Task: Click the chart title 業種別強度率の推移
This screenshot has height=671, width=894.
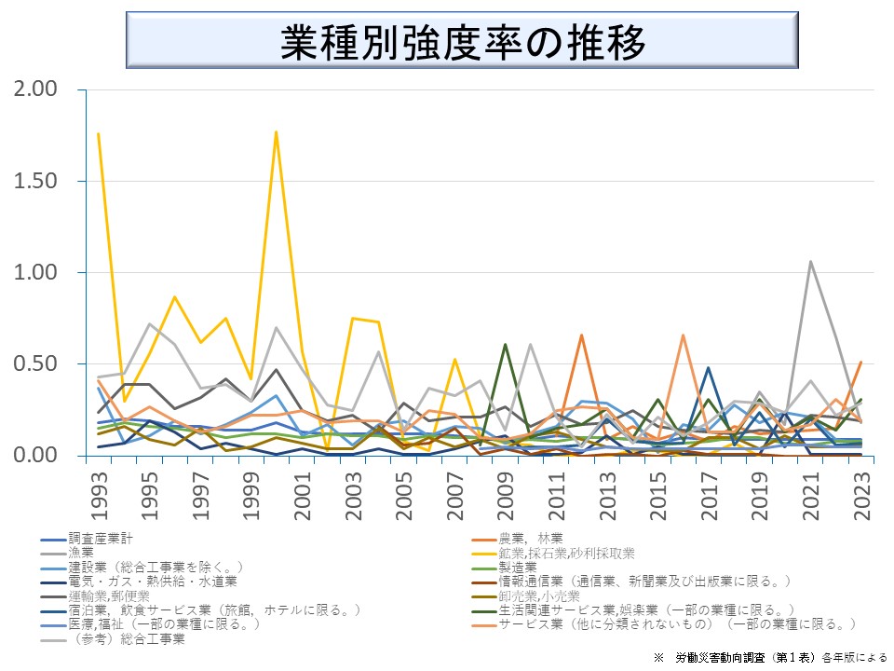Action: coord(462,42)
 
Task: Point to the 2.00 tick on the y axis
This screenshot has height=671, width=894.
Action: coord(35,89)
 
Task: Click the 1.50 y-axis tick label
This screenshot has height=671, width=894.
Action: coord(35,181)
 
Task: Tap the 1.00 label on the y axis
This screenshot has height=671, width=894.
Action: coord(35,272)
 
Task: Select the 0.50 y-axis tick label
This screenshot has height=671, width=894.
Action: coord(35,363)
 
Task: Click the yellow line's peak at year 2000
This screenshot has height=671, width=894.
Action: coord(277,132)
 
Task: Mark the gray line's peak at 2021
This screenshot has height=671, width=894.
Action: coord(810,262)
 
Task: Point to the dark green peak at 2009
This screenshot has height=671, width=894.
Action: coord(505,345)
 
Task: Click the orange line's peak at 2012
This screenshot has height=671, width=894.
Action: coord(581,335)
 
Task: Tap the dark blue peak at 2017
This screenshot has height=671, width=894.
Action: coord(708,368)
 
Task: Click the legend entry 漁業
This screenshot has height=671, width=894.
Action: coord(81,553)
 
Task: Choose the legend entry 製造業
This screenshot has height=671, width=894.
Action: coord(518,567)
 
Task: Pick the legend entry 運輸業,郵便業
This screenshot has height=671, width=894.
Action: coord(102,596)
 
